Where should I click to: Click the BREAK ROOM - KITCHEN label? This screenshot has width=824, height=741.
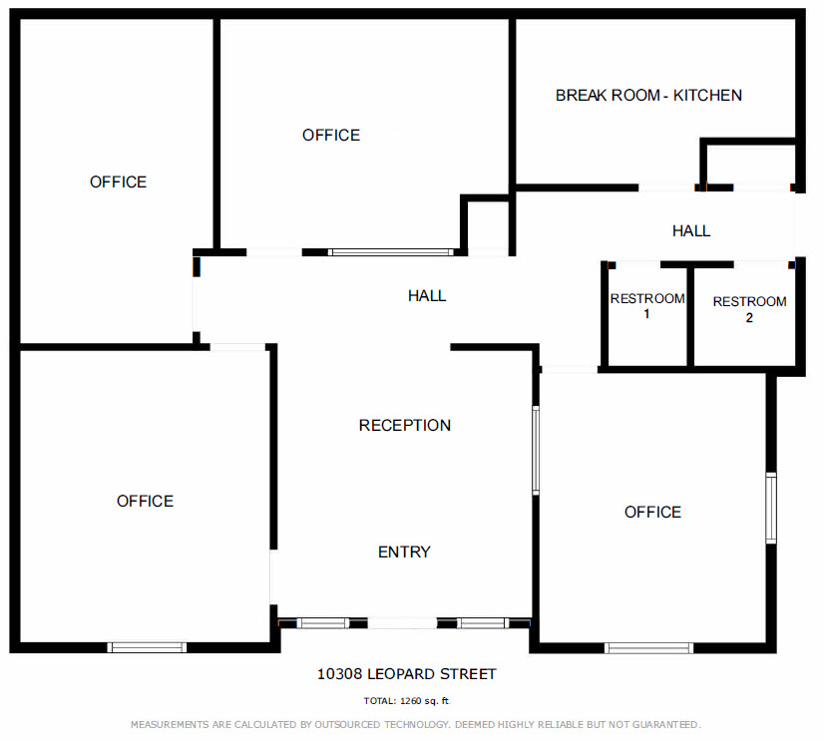click(x=648, y=95)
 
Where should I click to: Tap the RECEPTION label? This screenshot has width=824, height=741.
click(x=405, y=425)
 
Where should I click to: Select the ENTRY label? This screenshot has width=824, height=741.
click(x=404, y=552)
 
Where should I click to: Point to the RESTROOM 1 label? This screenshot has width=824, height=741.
click(x=647, y=306)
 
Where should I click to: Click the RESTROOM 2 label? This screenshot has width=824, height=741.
click(x=749, y=309)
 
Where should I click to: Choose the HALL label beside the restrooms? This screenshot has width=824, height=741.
click(x=691, y=230)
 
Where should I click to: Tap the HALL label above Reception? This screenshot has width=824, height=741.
click(x=427, y=296)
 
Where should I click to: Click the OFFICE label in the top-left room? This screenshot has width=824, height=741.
click(x=119, y=182)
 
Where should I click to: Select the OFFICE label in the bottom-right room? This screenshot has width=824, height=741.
click(x=652, y=512)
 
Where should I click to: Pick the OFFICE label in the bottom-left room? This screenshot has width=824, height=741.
click(x=145, y=501)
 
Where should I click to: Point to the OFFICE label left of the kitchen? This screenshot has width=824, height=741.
click(x=331, y=135)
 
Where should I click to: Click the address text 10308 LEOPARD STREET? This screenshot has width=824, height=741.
click(x=406, y=674)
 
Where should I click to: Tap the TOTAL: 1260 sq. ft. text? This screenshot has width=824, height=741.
click(x=407, y=701)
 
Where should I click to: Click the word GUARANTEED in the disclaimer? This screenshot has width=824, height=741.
click(x=666, y=725)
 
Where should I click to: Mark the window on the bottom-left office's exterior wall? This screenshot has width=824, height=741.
click(x=148, y=647)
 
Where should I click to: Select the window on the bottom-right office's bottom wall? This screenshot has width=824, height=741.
click(x=648, y=648)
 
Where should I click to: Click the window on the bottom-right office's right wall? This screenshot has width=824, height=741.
click(x=771, y=509)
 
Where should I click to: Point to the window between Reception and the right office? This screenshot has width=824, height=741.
click(x=536, y=450)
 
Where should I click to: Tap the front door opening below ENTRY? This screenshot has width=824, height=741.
click(x=402, y=623)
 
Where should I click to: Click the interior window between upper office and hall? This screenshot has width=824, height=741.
click(x=390, y=252)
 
